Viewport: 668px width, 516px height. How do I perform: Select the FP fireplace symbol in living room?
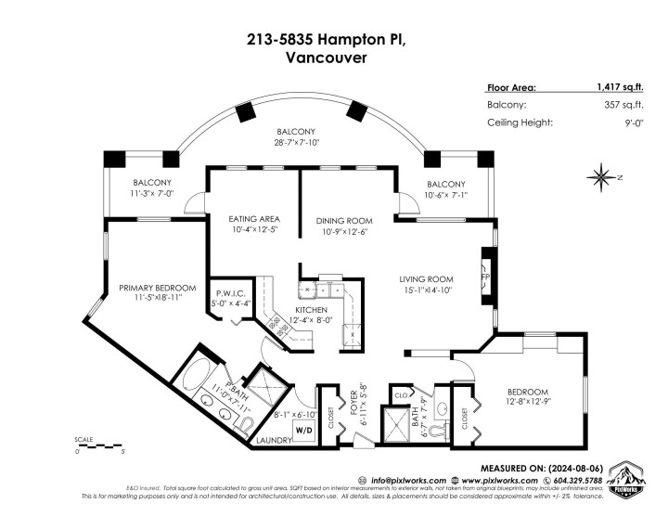point(484,277)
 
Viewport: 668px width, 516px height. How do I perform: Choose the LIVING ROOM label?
point(426,279)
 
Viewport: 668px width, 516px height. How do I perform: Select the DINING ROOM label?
point(343,220)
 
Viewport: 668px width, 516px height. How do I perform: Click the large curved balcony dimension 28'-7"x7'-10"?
point(295,144)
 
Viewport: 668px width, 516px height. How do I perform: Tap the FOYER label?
point(353,406)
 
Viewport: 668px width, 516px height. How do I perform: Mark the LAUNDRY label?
point(275,441)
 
